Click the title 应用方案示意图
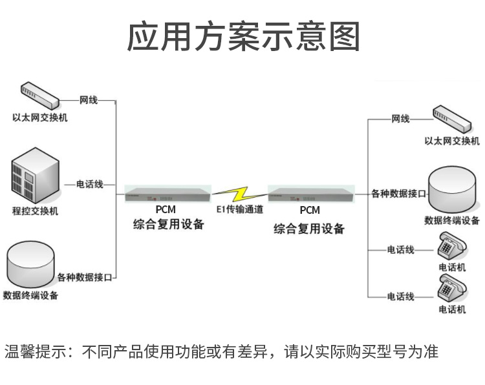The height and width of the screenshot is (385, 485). tap(242, 36)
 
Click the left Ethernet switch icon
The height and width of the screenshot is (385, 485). tap(39, 96)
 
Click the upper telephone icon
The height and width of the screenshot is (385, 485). tap(452, 245)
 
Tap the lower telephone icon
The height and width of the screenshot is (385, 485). tap(452, 289)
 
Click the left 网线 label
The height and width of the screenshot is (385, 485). tap(89, 100)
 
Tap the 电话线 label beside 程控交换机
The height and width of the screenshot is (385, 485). tap(90, 185)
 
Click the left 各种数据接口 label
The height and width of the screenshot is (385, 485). tap(85, 278)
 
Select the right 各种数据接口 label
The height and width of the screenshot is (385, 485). tap(398, 193)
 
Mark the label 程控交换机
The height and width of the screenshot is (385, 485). tap(35, 211)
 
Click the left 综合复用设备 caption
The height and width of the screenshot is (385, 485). tap(168, 225)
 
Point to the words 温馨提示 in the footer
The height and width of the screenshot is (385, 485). tap(36, 352)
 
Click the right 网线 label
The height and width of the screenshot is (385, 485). tap(400, 119)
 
